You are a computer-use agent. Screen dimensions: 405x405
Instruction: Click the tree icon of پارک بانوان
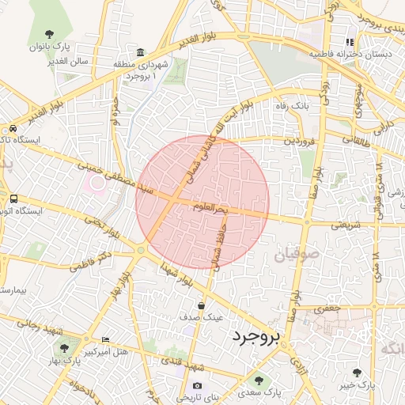(50, 34)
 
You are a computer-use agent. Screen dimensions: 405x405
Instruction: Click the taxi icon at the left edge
(13, 129)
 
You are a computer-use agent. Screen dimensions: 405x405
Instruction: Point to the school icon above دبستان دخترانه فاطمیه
(349, 42)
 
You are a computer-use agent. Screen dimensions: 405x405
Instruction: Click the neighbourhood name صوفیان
(297, 256)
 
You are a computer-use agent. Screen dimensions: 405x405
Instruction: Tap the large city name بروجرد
(257, 338)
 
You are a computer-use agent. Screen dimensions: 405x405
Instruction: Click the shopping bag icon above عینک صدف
(202, 305)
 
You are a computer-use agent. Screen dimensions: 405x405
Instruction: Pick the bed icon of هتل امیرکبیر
(105, 340)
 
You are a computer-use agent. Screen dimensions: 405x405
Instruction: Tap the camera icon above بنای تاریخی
(197, 386)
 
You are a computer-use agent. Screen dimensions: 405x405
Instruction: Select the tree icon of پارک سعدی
(259, 381)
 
